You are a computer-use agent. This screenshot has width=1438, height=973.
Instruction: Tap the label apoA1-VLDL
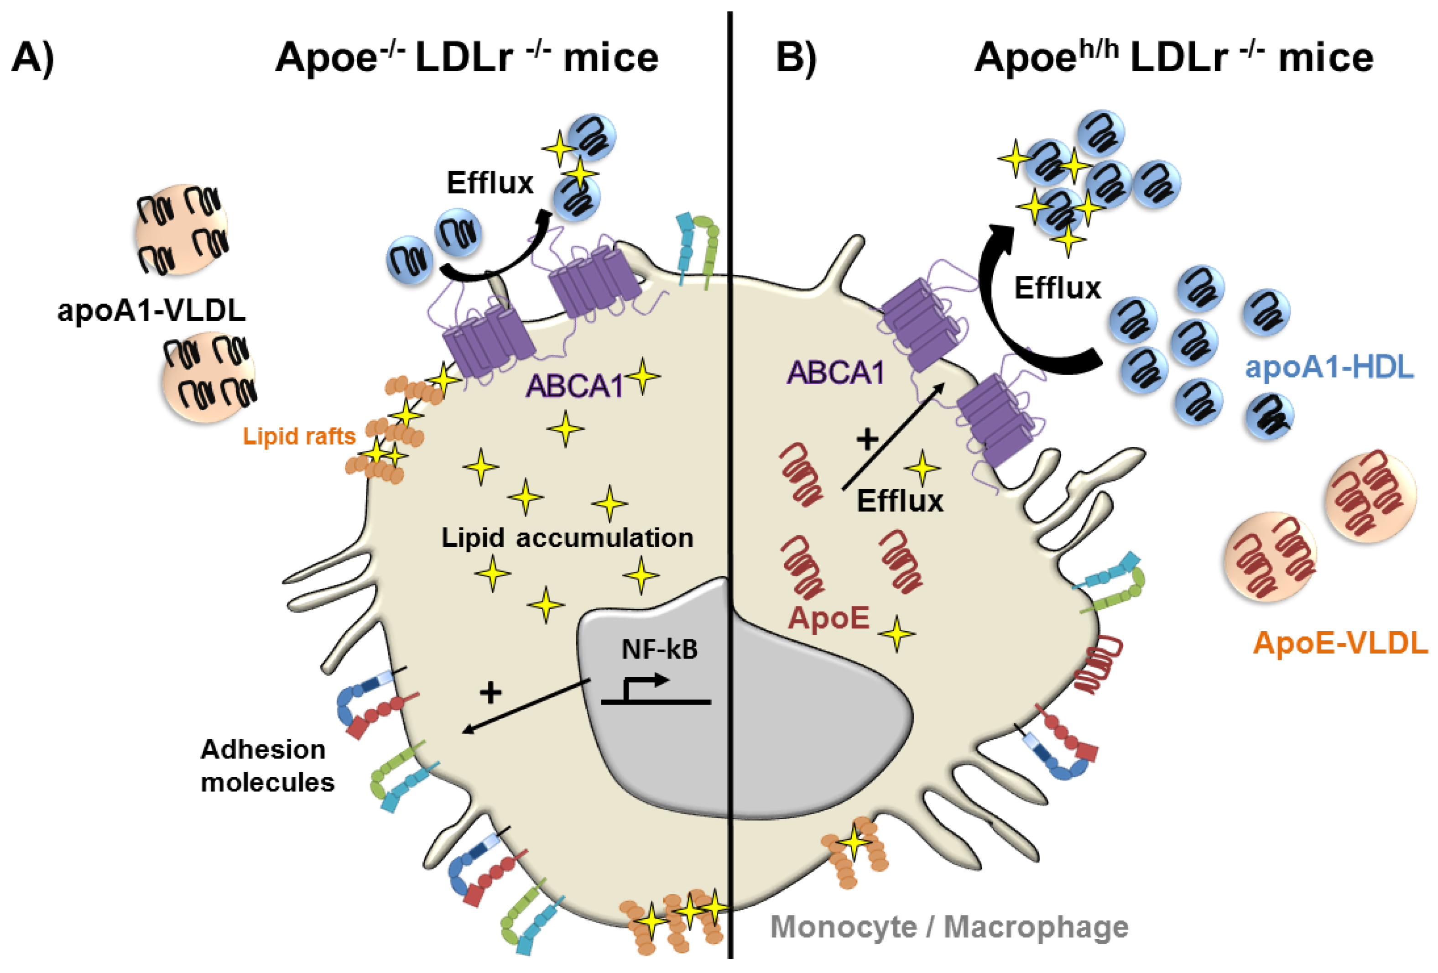(151, 309)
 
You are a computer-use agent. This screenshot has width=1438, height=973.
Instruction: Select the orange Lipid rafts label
(299, 436)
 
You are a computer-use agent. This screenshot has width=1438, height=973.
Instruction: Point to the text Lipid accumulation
(567, 537)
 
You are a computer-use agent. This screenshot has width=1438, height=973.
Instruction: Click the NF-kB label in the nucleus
(660, 649)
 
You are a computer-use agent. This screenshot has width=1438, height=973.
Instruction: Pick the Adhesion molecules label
(267, 766)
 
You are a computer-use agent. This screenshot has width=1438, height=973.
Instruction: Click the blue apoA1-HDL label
(1329, 367)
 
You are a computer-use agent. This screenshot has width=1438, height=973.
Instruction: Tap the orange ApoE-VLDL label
(1340, 643)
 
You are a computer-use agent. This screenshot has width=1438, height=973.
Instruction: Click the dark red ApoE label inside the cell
(829, 618)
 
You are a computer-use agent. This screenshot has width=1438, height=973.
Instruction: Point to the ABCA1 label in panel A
(574, 386)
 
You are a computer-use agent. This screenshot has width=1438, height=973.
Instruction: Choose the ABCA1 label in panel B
(835, 372)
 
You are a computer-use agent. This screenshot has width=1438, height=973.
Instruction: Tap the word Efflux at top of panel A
(490, 183)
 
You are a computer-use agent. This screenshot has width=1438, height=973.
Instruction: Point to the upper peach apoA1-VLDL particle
(181, 229)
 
